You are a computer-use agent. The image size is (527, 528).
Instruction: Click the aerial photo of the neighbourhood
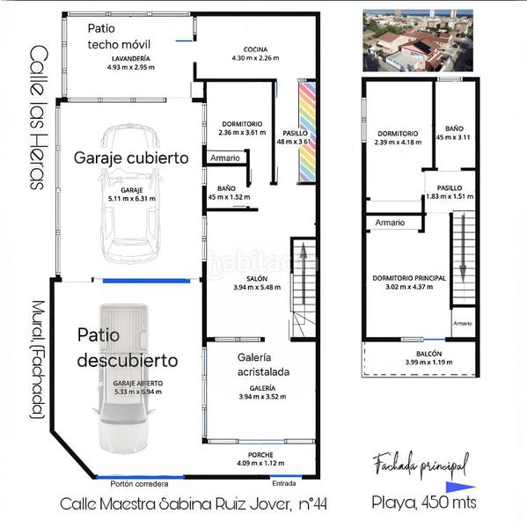pyautogui.click(x=417, y=40)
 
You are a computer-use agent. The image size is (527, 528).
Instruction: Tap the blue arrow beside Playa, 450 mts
pyautogui.click(x=461, y=486)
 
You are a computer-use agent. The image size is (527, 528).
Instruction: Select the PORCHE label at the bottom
pyautogui.click(x=261, y=458)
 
